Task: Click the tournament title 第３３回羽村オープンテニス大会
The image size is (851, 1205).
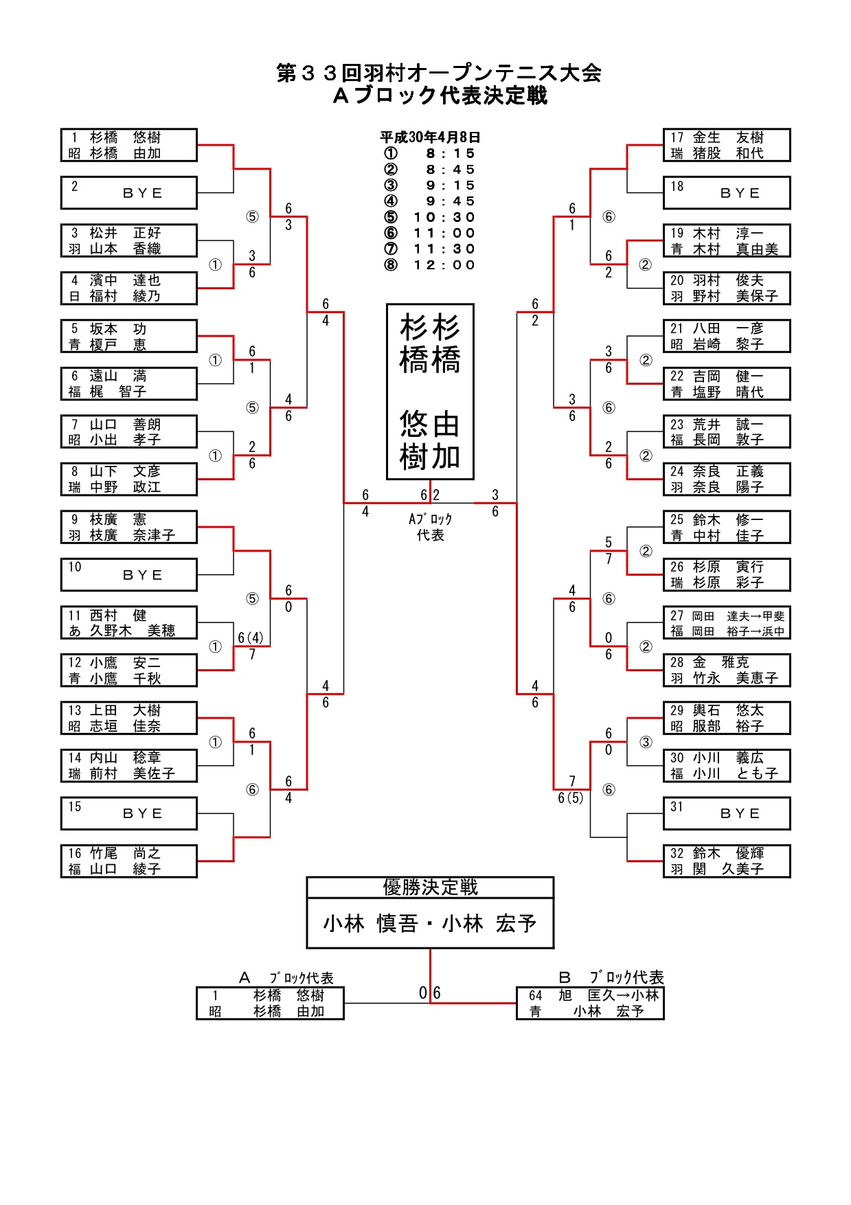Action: point(439,73)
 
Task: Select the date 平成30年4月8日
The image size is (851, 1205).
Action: point(430,137)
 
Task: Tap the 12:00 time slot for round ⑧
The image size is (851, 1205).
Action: point(444,265)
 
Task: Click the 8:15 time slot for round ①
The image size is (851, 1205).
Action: point(450,153)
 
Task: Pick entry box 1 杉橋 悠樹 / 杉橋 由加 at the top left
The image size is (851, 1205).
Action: point(129,145)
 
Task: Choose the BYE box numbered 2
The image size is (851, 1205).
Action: point(129,193)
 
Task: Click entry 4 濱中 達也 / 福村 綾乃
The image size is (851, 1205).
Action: point(129,289)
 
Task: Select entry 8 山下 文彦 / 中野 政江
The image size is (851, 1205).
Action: point(129,480)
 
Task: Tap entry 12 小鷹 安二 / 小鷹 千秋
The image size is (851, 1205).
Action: point(129,671)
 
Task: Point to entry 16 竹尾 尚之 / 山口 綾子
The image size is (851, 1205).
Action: point(129,861)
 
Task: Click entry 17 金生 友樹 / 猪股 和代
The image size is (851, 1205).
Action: point(727,145)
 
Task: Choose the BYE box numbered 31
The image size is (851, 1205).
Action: point(727,813)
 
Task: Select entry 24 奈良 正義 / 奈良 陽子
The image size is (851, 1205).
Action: point(727,480)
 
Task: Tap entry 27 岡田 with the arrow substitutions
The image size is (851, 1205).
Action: point(727,623)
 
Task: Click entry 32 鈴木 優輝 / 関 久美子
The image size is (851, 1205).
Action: point(727,861)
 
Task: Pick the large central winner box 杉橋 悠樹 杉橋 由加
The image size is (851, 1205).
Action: point(430,392)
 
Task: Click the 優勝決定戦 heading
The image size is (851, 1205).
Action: point(430,888)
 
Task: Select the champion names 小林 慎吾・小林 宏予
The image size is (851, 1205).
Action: point(430,924)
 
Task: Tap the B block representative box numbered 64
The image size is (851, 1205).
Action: point(590,1004)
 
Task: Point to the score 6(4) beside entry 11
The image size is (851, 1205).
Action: point(250,638)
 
